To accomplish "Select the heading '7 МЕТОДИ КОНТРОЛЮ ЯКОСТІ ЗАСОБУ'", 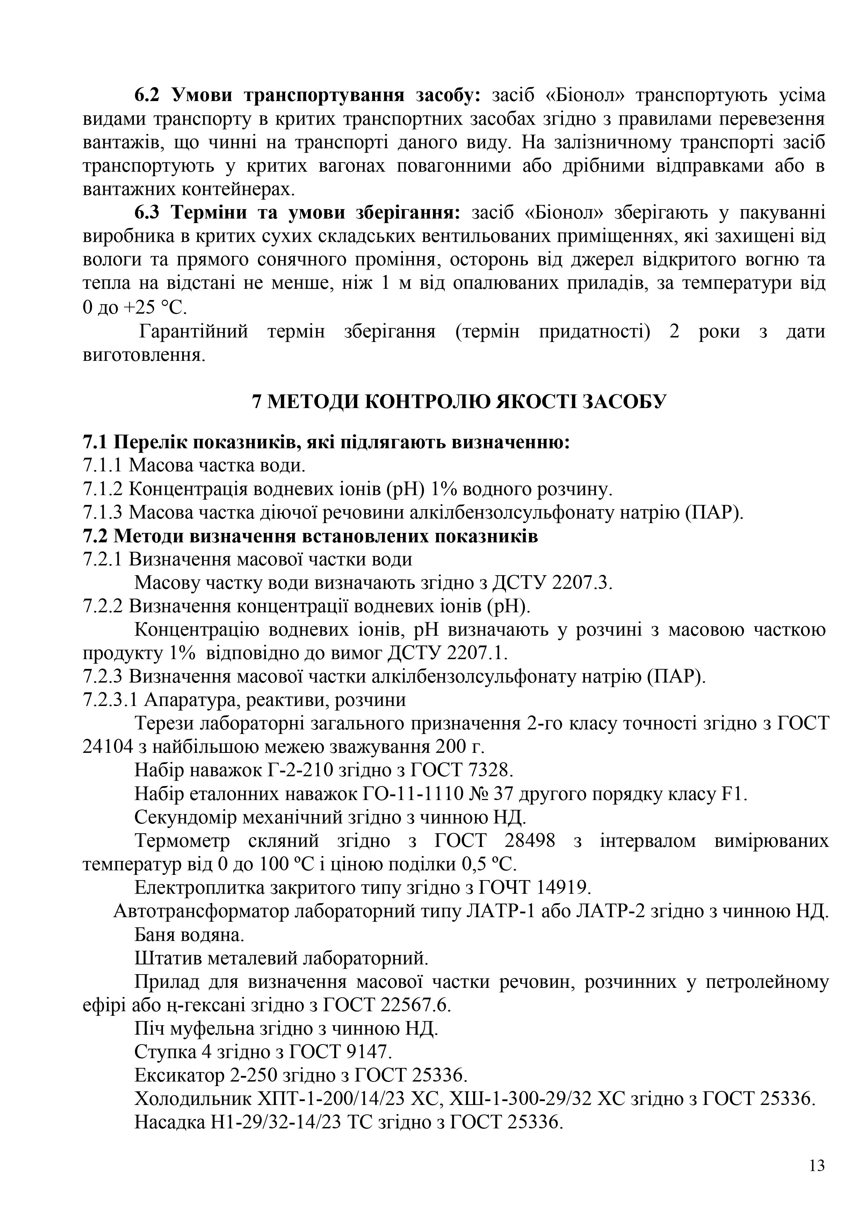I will (x=460, y=401).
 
